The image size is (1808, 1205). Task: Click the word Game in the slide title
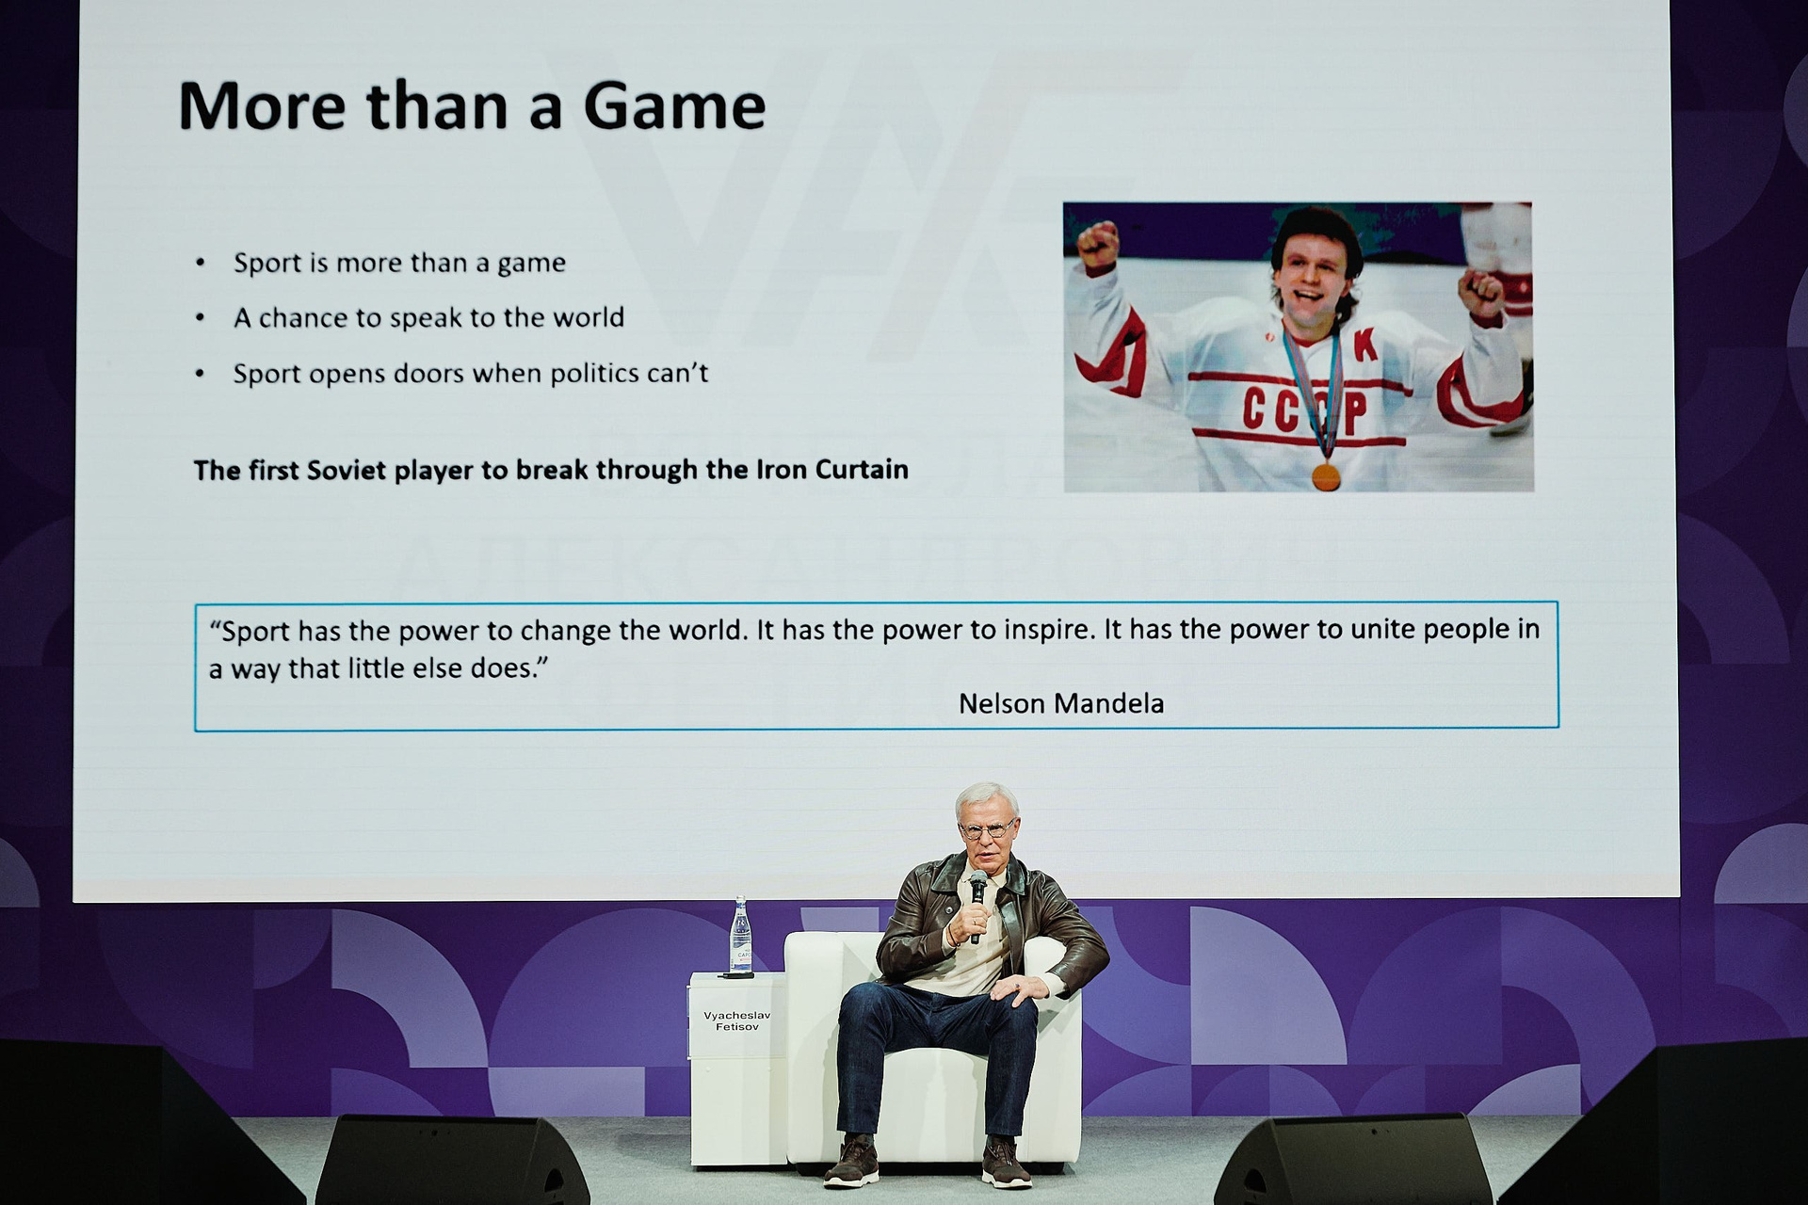pyautogui.click(x=674, y=106)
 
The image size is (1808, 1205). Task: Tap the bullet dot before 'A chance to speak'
pyautogui.click(x=200, y=318)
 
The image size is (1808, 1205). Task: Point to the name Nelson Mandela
pyautogui.click(x=1061, y=703)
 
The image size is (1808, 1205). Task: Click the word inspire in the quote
pyautogui.click(x=1044, y=630)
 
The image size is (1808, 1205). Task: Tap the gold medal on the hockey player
pyautogui.click(x=1326, y=476)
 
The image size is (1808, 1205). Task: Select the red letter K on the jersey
pyautogui.click(x=1366, y=347)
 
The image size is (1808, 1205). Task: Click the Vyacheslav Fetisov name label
pyautogui.click(x=736, y=1020)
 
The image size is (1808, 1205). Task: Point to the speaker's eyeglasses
pyautogui.click(x=987, y=829)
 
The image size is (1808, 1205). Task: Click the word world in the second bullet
pyautogui.click(x=589, y=317)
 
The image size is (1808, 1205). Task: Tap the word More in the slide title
pyautogui.click(x=263, y=106)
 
